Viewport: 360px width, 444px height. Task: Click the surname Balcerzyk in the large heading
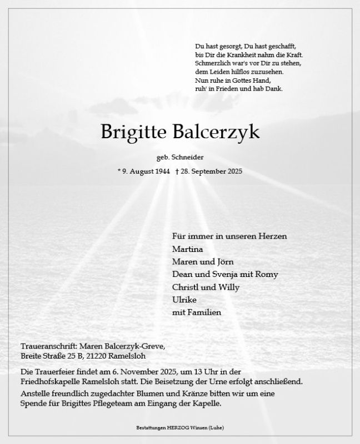pyautogui.click(x=217, y=133)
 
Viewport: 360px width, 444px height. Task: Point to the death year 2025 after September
pyautogui.click(x=233, y=172)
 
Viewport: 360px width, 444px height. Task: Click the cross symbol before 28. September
pyautogui.click(x=177, y=172)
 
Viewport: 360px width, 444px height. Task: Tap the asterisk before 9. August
pyautogui.click(x=119, y=171)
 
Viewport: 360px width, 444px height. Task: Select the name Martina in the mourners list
pyautogui.click(x=187, y=249)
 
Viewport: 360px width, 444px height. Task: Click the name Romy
pyautogui.click(x=268, y=274)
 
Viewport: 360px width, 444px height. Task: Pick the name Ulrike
pyautogui.click(x=185, y=300)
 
